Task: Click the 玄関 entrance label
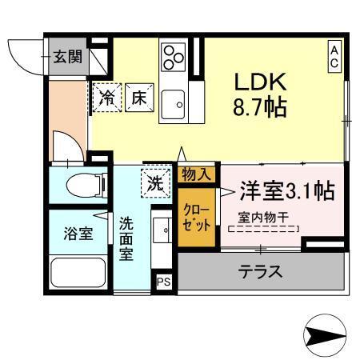tap(66, 56)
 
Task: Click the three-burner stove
tap(174, 57)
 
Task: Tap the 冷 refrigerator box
tap(106, 98)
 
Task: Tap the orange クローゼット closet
tap(197, 214)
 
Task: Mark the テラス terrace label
tap(261, 272)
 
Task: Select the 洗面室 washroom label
tap(127, 236)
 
